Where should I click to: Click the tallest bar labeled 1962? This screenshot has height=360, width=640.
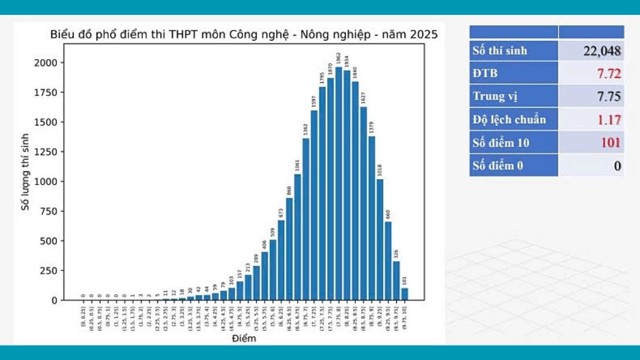click(x=339, y=184)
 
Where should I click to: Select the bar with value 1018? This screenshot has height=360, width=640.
click(x=380, y=240)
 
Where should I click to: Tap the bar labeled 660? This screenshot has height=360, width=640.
click(x=388, y=261)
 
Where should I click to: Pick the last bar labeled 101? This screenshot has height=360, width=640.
click(x=405, y=294)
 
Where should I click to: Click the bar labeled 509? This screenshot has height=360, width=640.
click(x=273, y=270)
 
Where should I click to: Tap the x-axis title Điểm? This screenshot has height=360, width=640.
click(x=244, y=339)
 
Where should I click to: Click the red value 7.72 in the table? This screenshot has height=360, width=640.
click(x=609, y=74)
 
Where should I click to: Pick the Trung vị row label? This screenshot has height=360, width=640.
click(x=495, y=97)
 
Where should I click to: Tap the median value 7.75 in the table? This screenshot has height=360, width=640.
click(x=609, y=97)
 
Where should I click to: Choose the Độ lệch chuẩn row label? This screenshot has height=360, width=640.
click(x=509, y=119)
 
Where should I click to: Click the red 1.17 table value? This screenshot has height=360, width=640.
click(x=609, y=119)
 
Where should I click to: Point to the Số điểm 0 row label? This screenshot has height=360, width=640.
click(x=498, y=165)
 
